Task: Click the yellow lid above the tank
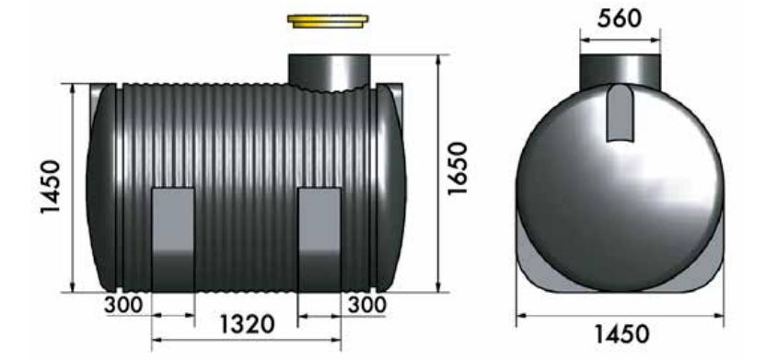[x=328, y=21]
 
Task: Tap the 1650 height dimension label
[x=458, y=168]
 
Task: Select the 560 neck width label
[x=620, y=18]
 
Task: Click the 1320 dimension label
[x=247, y=325]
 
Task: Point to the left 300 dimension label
[x=123, y=305]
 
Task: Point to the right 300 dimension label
[x=366, y=305]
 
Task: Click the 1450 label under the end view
[x=621, y=335]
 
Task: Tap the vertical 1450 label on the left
[x=51, y=187]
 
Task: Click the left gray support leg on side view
[x=172, y=239]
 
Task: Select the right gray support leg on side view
[x=319, y=239]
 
